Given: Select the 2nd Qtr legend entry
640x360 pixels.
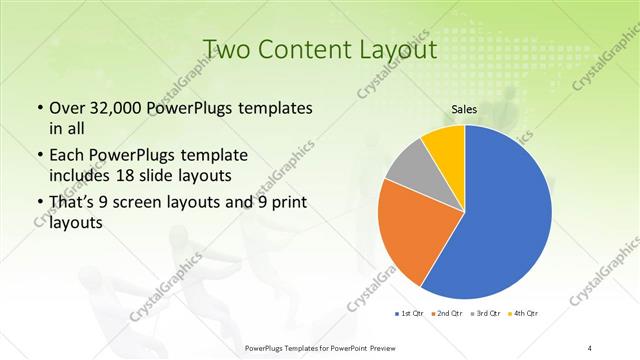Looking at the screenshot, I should pyautogui.click(x=446, y=315).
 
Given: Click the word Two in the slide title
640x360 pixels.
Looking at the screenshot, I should pyautogui.click(x=228, y=50).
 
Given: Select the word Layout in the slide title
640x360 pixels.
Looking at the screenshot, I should pyautogui.click(x=395, y=50).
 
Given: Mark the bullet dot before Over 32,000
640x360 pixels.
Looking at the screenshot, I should pyautogui.click(x=39, y=108).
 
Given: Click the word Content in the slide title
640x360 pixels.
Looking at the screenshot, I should pyautogui.click(x=304, y=50).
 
